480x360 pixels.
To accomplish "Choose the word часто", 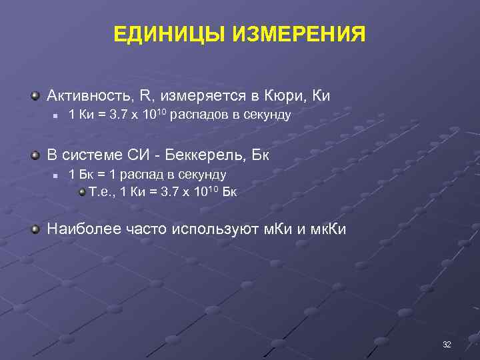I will (145, 230).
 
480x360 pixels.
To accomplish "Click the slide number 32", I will (447, 344).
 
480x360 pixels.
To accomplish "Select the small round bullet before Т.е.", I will (82, 192).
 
